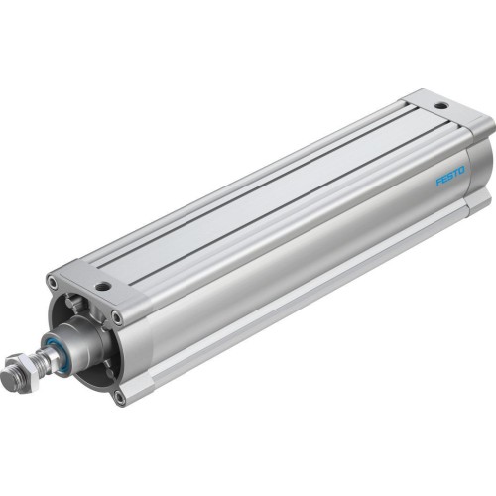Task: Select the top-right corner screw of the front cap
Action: pyautogui.click(x=118, y=319)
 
